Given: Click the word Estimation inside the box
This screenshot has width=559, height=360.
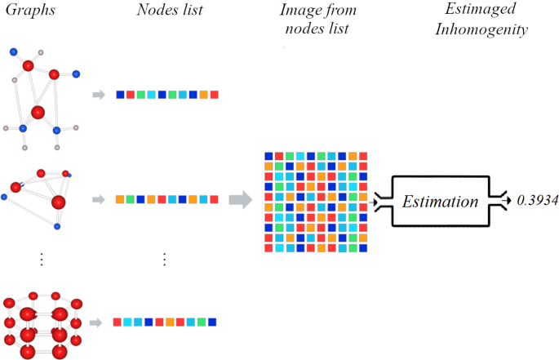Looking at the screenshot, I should click(x=440, y=201).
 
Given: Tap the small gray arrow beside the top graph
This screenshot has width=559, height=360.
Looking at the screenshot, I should click(x=99, y=95).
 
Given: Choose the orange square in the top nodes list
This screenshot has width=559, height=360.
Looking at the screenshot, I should click(x=203, y=95).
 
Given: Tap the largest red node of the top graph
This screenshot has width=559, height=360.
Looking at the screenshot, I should click(x=38, y=112).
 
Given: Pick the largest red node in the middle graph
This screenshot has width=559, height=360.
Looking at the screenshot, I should click(x=58, y=202).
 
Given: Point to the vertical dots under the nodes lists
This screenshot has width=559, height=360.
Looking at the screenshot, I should click(x=164, y=259).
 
